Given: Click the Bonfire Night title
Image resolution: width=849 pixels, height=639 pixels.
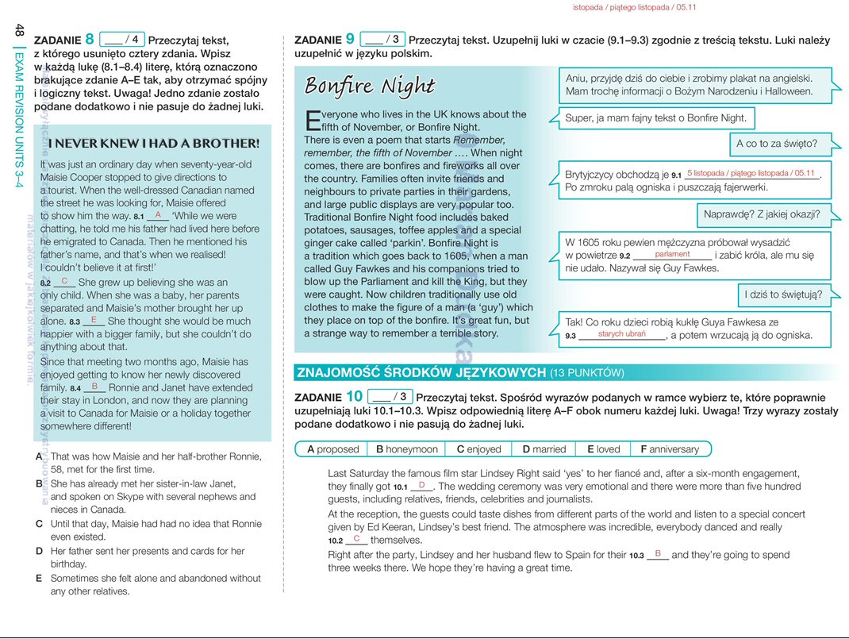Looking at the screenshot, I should [x=369, y=86].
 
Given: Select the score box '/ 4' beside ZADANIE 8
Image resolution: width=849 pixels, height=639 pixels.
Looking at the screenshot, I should [x=122, y=39].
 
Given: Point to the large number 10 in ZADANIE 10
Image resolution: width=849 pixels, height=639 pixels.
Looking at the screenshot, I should [x=355, y=396].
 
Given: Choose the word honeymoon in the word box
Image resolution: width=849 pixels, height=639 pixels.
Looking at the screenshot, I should [x=407, y=449].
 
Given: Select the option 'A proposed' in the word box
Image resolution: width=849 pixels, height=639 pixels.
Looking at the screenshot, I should [x=333, y=449].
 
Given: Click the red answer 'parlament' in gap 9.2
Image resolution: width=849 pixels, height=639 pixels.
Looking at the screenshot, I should [x=672, y=255].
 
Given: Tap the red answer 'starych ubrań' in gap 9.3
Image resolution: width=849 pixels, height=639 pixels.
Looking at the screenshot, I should [x=622, y=334].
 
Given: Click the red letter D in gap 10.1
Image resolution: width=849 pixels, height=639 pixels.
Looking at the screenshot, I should [x=421, y=485].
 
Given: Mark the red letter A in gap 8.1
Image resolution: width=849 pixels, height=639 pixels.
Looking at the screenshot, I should [x=158, y=215].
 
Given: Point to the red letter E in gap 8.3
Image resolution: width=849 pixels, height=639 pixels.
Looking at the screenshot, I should [x=94, y=320].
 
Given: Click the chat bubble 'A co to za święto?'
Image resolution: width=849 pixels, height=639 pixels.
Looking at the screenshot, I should [x=776, y=144].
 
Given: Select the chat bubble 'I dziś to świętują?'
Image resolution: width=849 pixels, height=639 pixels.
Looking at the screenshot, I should [x=783, y=295].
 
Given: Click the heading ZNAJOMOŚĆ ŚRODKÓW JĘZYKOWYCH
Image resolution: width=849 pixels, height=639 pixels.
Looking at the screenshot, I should [x=421, y=372].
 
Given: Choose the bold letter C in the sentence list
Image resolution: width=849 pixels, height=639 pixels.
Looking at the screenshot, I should [x=40, y=524].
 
